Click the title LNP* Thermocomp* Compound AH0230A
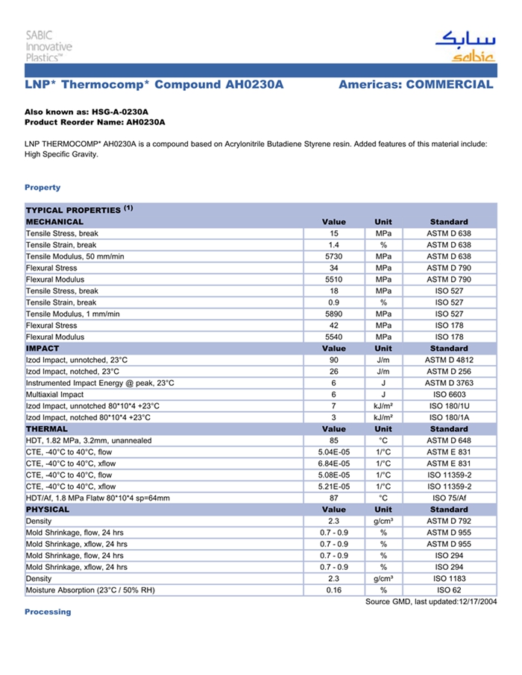click(x=154, y=85)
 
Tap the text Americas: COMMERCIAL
click(x=415, y=85)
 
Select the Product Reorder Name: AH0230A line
click(x=95, y=121)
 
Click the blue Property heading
click(x=43, y=187)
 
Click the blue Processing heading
click(x=48, y=612)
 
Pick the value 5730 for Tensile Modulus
click(x=333, y=256)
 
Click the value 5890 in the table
click(x=333, y=314)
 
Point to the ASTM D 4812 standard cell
click(x=449, y=360)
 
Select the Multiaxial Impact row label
click(x=59, y=394)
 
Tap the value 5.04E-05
click(x=333, y=452)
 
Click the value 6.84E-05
click(x=333, y=463)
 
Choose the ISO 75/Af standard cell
click(x=449, y=498)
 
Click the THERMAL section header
click(x=47, y=429)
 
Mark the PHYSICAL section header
click(x=48, y=510)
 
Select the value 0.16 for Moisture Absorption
click(x=333, y=590)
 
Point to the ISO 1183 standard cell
click(x=449, y=578)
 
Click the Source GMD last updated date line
click(x=431, y=601)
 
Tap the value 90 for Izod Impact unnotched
click(x=333, y=360)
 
